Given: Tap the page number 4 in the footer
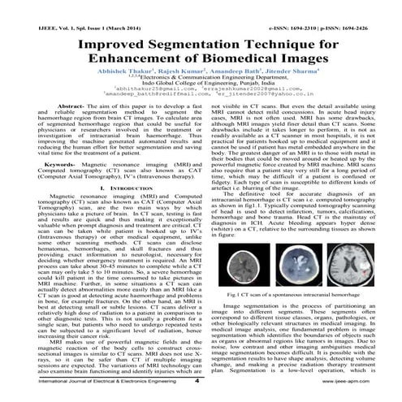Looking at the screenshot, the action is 197,389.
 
